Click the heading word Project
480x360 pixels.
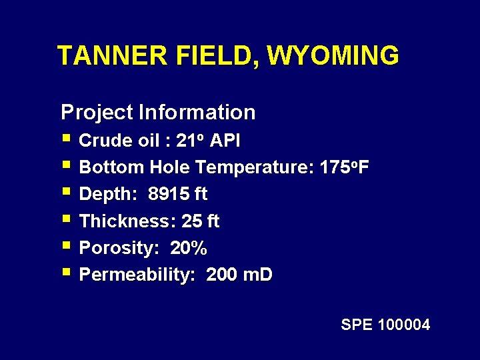97,112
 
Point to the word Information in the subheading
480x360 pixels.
197,112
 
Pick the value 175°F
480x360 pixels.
343,167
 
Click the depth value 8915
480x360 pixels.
169,195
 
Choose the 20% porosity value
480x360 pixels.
189,249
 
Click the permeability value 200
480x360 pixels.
221,275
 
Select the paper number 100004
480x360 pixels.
404,325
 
